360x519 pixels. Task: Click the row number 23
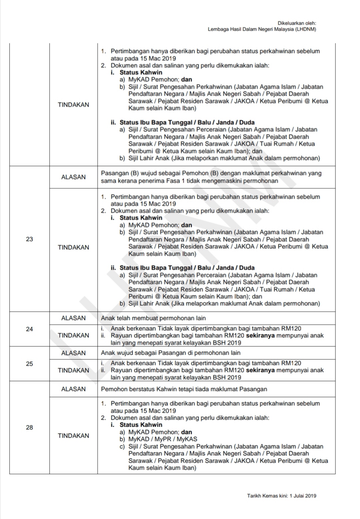coord(29,239)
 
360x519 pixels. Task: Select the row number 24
coord(29,329)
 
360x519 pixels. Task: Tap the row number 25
coord(29,364)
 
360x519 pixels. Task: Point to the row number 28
coord(29,427)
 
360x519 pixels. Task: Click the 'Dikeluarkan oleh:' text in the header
coord(297,23)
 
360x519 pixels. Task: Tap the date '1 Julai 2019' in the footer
coord(303,496)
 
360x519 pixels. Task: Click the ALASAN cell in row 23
coord(73,177)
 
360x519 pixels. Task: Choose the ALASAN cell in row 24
coord(73,318)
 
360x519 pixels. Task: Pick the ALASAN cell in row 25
coord(73,353)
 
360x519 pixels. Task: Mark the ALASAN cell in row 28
coord(73,389)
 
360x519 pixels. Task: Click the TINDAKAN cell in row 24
coord(73,335)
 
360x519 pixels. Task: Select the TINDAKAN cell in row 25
coord(73,370)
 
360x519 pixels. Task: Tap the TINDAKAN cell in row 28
coord(73,436)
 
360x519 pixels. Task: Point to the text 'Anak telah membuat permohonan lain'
coord(153,318)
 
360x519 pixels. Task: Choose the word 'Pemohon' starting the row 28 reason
coord(112,389)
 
